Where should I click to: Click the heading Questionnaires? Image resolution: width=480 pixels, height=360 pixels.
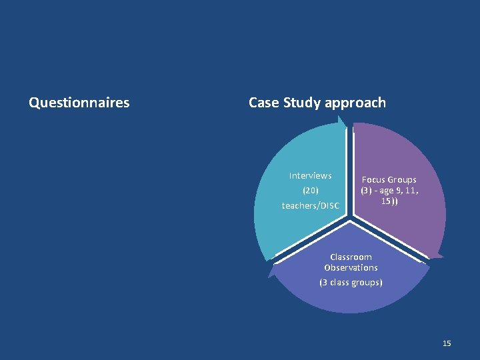click(79, 103)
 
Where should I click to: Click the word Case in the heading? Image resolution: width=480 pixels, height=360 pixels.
click(264, 103)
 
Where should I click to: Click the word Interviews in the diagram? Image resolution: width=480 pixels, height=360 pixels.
click(310, 175)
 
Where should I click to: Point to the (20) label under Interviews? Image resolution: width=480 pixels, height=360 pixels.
click(310, 190)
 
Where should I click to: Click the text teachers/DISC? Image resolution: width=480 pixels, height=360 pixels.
click(310, 205)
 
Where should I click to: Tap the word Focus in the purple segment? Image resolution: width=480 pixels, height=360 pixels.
click(374, 180)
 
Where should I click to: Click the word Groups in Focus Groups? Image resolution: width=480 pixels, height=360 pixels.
click(403, 180)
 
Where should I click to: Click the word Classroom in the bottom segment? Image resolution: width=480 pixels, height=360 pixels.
click(351, 257)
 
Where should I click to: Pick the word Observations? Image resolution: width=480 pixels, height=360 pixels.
click(351, 267)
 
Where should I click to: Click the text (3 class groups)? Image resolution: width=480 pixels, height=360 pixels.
click(351, 282)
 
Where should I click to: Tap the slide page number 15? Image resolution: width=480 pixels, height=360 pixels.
click(447, 343)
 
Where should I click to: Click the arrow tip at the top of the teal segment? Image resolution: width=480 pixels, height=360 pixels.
click(342, 118)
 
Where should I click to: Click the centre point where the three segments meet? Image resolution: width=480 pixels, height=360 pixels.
click(351, 220)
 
